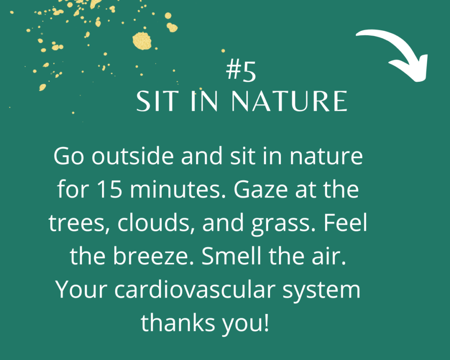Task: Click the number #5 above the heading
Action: click(x=241, y=71)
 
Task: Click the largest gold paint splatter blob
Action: click(x=142, y=41)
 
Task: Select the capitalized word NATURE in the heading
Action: click(x=289, y=101)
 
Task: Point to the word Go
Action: click(x=69, y=156)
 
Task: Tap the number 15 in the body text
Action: click(x=109, y=189)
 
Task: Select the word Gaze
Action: click(x=261, y=189)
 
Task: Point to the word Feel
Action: click(x=345, y=222)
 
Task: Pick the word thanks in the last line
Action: click(x=178, y=323)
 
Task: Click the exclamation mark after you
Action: click(x=266, y=323)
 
